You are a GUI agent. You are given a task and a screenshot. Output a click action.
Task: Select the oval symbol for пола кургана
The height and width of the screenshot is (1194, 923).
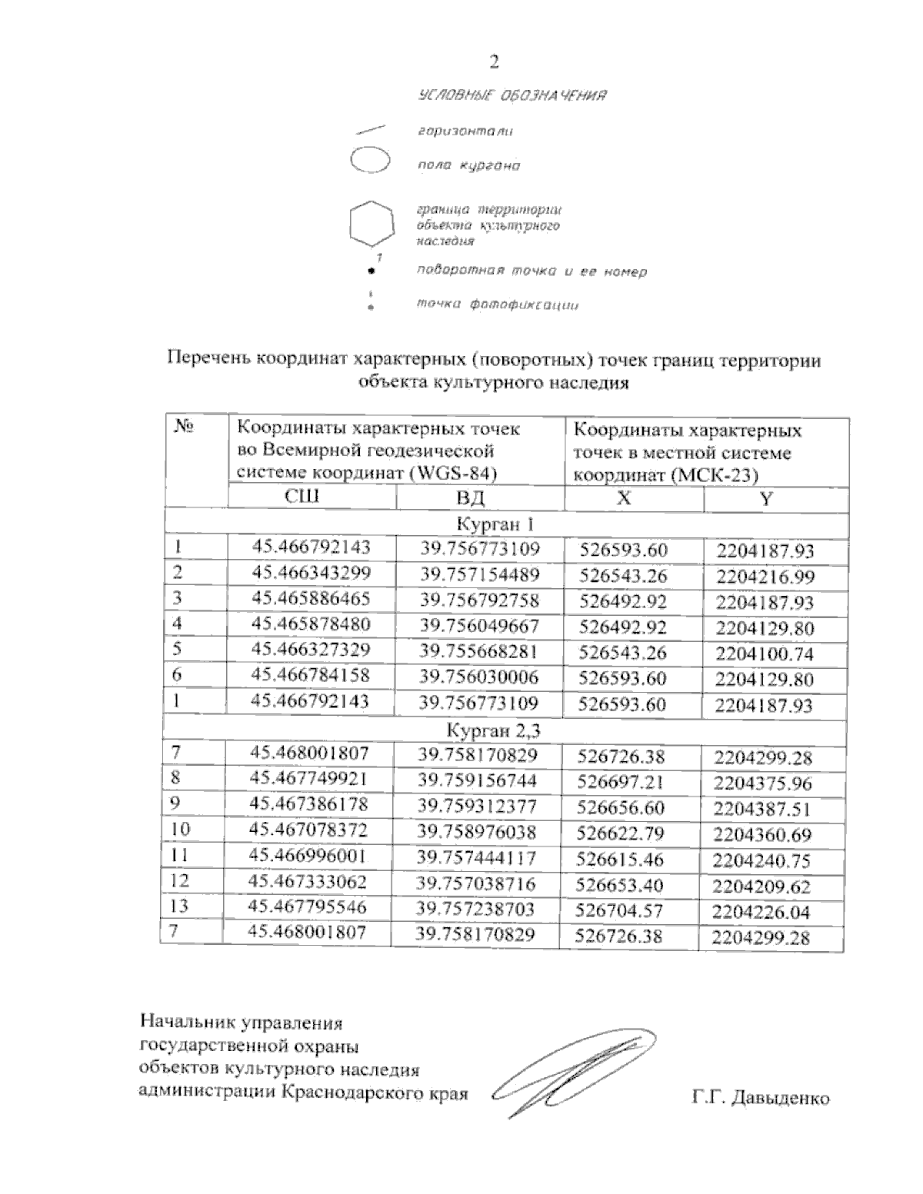point(371,161)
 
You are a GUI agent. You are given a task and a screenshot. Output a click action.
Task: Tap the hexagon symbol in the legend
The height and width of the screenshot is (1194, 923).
point(372,224)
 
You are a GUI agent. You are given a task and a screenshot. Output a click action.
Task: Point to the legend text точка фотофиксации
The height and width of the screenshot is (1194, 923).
point(497,305)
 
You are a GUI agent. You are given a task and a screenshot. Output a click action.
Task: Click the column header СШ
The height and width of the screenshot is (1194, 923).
point(302,497)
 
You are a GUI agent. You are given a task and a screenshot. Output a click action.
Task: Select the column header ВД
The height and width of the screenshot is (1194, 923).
point(470,498)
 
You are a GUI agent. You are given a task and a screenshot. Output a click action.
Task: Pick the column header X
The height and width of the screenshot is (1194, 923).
point(625,498)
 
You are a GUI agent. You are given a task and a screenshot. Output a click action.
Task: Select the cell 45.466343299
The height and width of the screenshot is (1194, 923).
point(312,574)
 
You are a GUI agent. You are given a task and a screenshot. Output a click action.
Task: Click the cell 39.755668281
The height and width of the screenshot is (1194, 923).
point(478,652)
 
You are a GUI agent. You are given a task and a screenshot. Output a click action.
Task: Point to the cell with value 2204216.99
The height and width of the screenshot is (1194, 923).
point(765,577)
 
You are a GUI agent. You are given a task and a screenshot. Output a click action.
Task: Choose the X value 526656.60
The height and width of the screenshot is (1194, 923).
point(622,808)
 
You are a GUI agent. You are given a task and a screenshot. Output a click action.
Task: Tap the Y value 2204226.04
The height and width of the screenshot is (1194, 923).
point(761,912)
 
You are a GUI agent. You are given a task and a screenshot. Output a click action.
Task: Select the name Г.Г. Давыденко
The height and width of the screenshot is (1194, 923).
point(761,1098)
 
